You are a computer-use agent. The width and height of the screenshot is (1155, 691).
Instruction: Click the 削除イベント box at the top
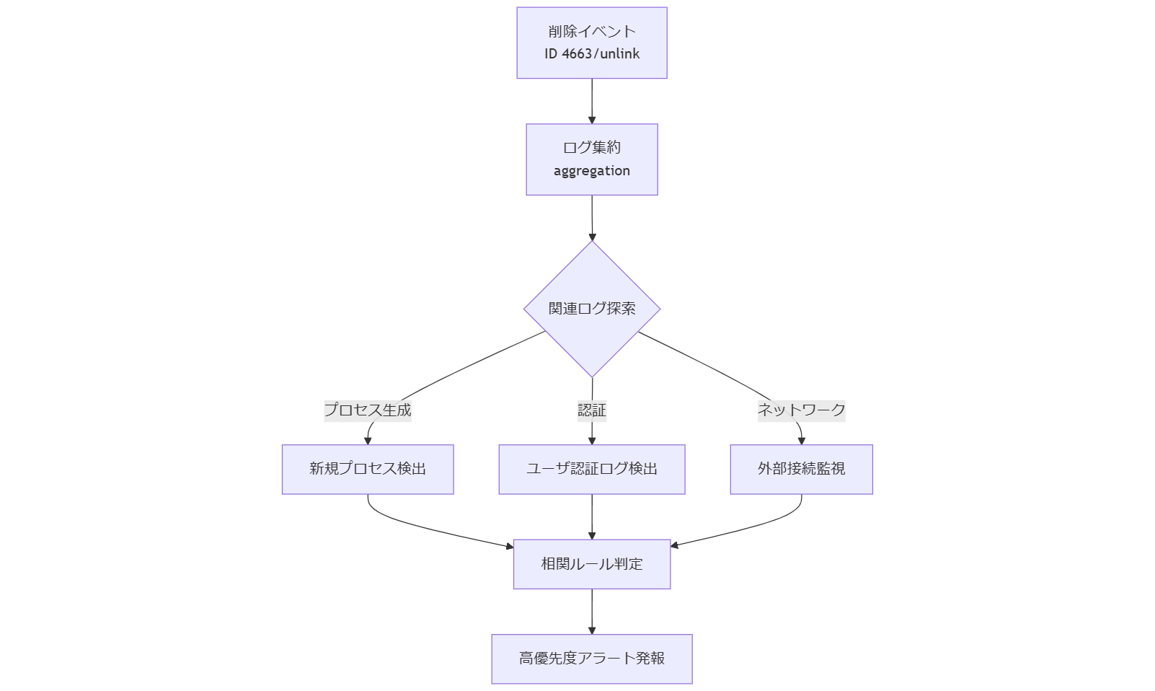point(591,30)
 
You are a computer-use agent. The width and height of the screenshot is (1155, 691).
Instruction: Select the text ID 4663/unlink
point(591,54)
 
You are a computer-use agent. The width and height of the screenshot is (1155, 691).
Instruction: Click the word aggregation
point(591,171)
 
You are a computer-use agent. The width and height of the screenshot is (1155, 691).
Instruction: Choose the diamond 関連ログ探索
point(591,309)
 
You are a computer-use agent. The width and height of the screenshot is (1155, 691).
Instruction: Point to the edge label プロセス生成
point(368,410)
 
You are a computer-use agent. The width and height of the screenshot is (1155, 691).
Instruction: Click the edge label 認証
point(592,410)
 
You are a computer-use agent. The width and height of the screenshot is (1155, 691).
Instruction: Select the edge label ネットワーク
point(801,410)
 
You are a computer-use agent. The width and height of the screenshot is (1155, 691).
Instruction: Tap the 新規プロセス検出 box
point(368,469)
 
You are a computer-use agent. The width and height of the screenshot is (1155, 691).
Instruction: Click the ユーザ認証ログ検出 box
point(592,469)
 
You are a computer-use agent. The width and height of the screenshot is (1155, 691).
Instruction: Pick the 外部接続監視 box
point(801,469)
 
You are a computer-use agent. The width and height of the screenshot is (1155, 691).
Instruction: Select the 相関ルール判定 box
point(592,564)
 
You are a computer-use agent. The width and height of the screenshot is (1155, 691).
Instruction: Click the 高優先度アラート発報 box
point(592,659)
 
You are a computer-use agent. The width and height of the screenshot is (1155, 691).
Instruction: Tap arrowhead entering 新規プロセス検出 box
point(368,440)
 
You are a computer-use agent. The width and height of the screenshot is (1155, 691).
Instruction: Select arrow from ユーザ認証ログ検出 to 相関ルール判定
point(592,515)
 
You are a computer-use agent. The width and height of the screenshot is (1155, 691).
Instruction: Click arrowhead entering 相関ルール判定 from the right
point(675,545)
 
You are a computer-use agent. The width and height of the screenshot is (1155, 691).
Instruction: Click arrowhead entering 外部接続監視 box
point(801,440)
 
